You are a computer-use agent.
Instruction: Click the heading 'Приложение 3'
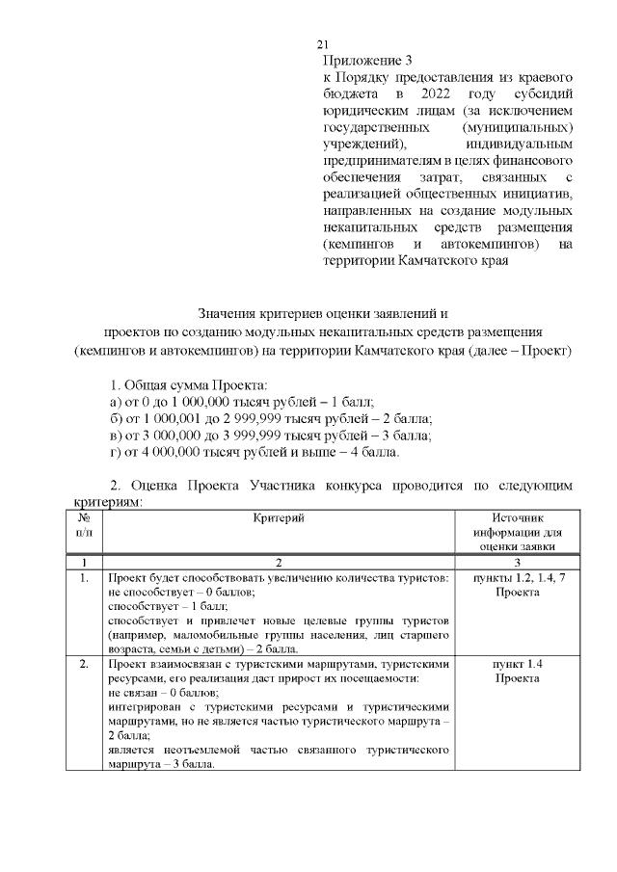tap(359, 60)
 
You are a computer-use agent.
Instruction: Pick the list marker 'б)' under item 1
tap(116, 418)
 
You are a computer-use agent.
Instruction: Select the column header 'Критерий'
tap(278, 518)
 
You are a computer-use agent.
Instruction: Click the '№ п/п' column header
tap(84, 525)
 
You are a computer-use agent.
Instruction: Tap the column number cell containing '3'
tap(517, 562)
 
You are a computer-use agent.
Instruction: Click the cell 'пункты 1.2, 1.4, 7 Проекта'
tap(517, 584)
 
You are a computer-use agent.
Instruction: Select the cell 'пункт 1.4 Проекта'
tap(517, 673)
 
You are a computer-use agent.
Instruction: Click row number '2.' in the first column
tap(84, 665)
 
